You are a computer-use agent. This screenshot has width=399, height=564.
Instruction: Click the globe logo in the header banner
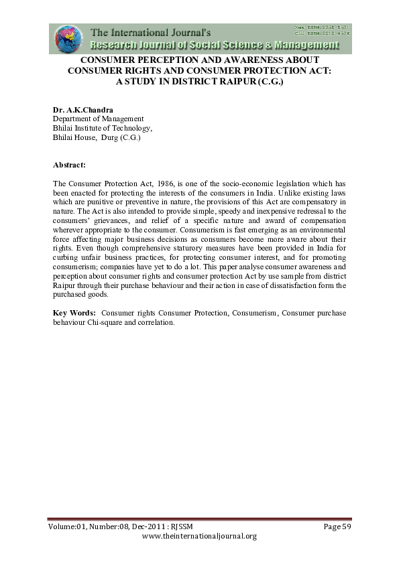coord(66,38)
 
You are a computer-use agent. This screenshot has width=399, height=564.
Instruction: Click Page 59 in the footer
coord(337,526)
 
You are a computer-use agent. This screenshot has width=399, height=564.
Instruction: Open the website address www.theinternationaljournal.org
coord(200,537)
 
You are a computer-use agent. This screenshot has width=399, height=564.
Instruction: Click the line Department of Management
coord(98,119)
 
